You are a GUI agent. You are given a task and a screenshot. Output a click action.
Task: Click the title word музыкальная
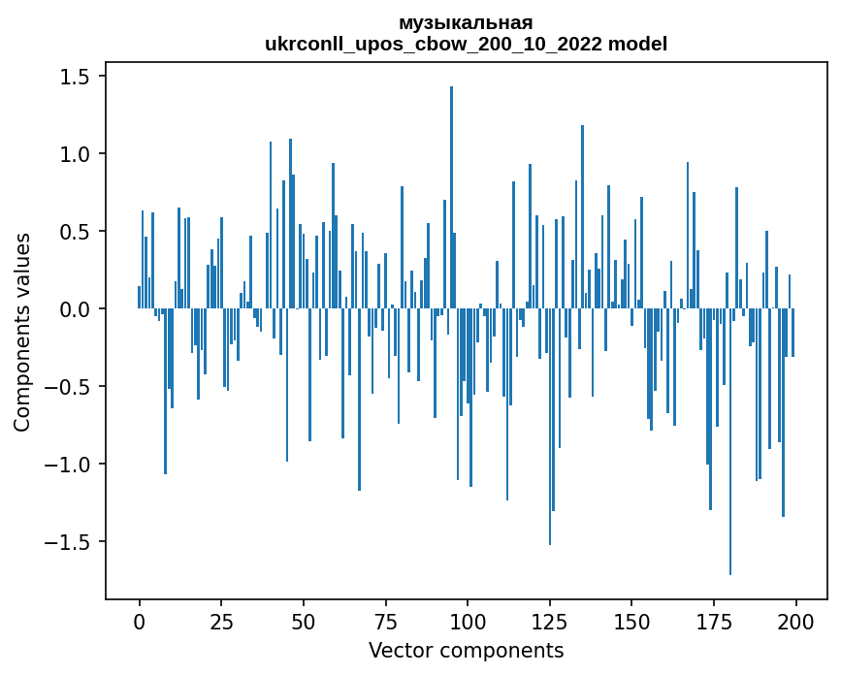(466, 23)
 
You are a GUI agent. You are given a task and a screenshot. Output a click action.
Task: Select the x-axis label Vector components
(466, 650)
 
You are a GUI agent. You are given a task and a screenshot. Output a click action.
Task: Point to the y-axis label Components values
(22, 332)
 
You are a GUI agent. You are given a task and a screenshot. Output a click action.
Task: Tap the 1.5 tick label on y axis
(75, 77)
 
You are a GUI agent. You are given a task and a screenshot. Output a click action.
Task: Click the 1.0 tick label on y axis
(75, 154)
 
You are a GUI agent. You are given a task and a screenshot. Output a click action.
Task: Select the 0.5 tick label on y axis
(75, 232)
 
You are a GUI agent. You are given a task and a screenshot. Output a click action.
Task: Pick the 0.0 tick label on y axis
(75, 309)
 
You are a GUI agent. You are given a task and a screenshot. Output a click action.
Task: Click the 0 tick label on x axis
(139, 620)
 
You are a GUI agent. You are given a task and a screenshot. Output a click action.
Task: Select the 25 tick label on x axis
(221, 620)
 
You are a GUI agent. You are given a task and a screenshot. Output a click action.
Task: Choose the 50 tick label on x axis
(304, 620)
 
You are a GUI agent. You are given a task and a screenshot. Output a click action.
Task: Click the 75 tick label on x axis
(385, 620)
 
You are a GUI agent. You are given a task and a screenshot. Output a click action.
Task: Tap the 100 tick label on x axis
(468, 620)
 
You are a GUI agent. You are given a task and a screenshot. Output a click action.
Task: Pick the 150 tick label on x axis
(631, 620)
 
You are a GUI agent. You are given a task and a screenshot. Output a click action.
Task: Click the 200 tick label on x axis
(795, 620)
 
